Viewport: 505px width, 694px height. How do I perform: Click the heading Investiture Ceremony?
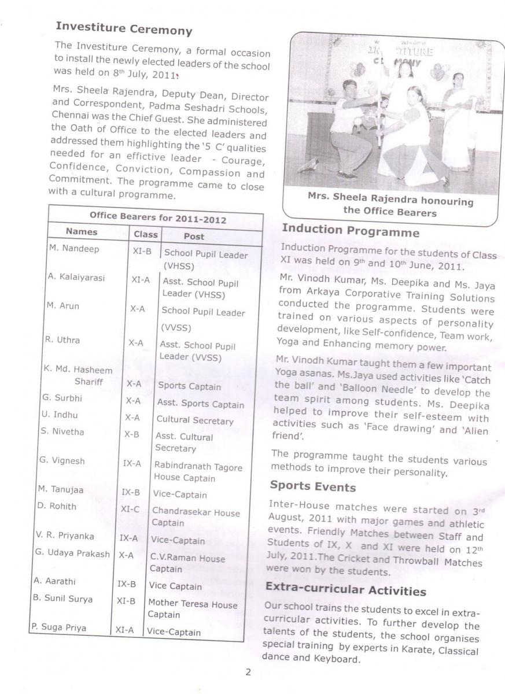point(123,28)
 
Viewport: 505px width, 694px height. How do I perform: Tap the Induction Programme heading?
point(350,230)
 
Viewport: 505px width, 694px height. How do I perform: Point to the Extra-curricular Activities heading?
point(345,590)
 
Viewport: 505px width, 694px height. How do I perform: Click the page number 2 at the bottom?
point(248,672)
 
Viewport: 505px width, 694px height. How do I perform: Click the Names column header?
point(82,232)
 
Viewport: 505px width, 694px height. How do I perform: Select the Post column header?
point(194,236)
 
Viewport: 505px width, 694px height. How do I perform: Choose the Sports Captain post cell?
point(189,386)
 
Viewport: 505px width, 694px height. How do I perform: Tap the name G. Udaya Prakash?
point(72,553)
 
